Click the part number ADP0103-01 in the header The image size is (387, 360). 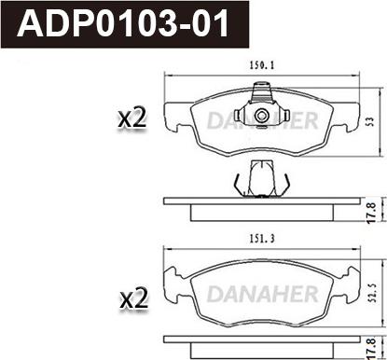123,23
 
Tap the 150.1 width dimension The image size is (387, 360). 262,65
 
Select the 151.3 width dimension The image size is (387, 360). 262,239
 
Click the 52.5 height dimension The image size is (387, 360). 373,293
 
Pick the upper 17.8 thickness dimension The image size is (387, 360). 371,213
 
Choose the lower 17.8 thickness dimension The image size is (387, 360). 371,348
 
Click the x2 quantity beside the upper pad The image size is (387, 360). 132,118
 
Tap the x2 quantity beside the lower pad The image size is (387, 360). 134,298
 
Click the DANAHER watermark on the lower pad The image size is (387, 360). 262,294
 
